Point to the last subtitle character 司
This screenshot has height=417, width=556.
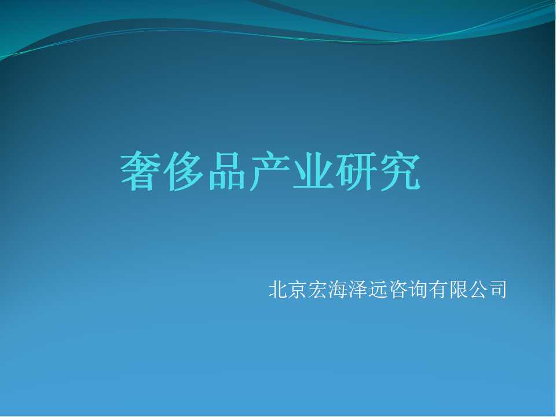click(x=497, y=289)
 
